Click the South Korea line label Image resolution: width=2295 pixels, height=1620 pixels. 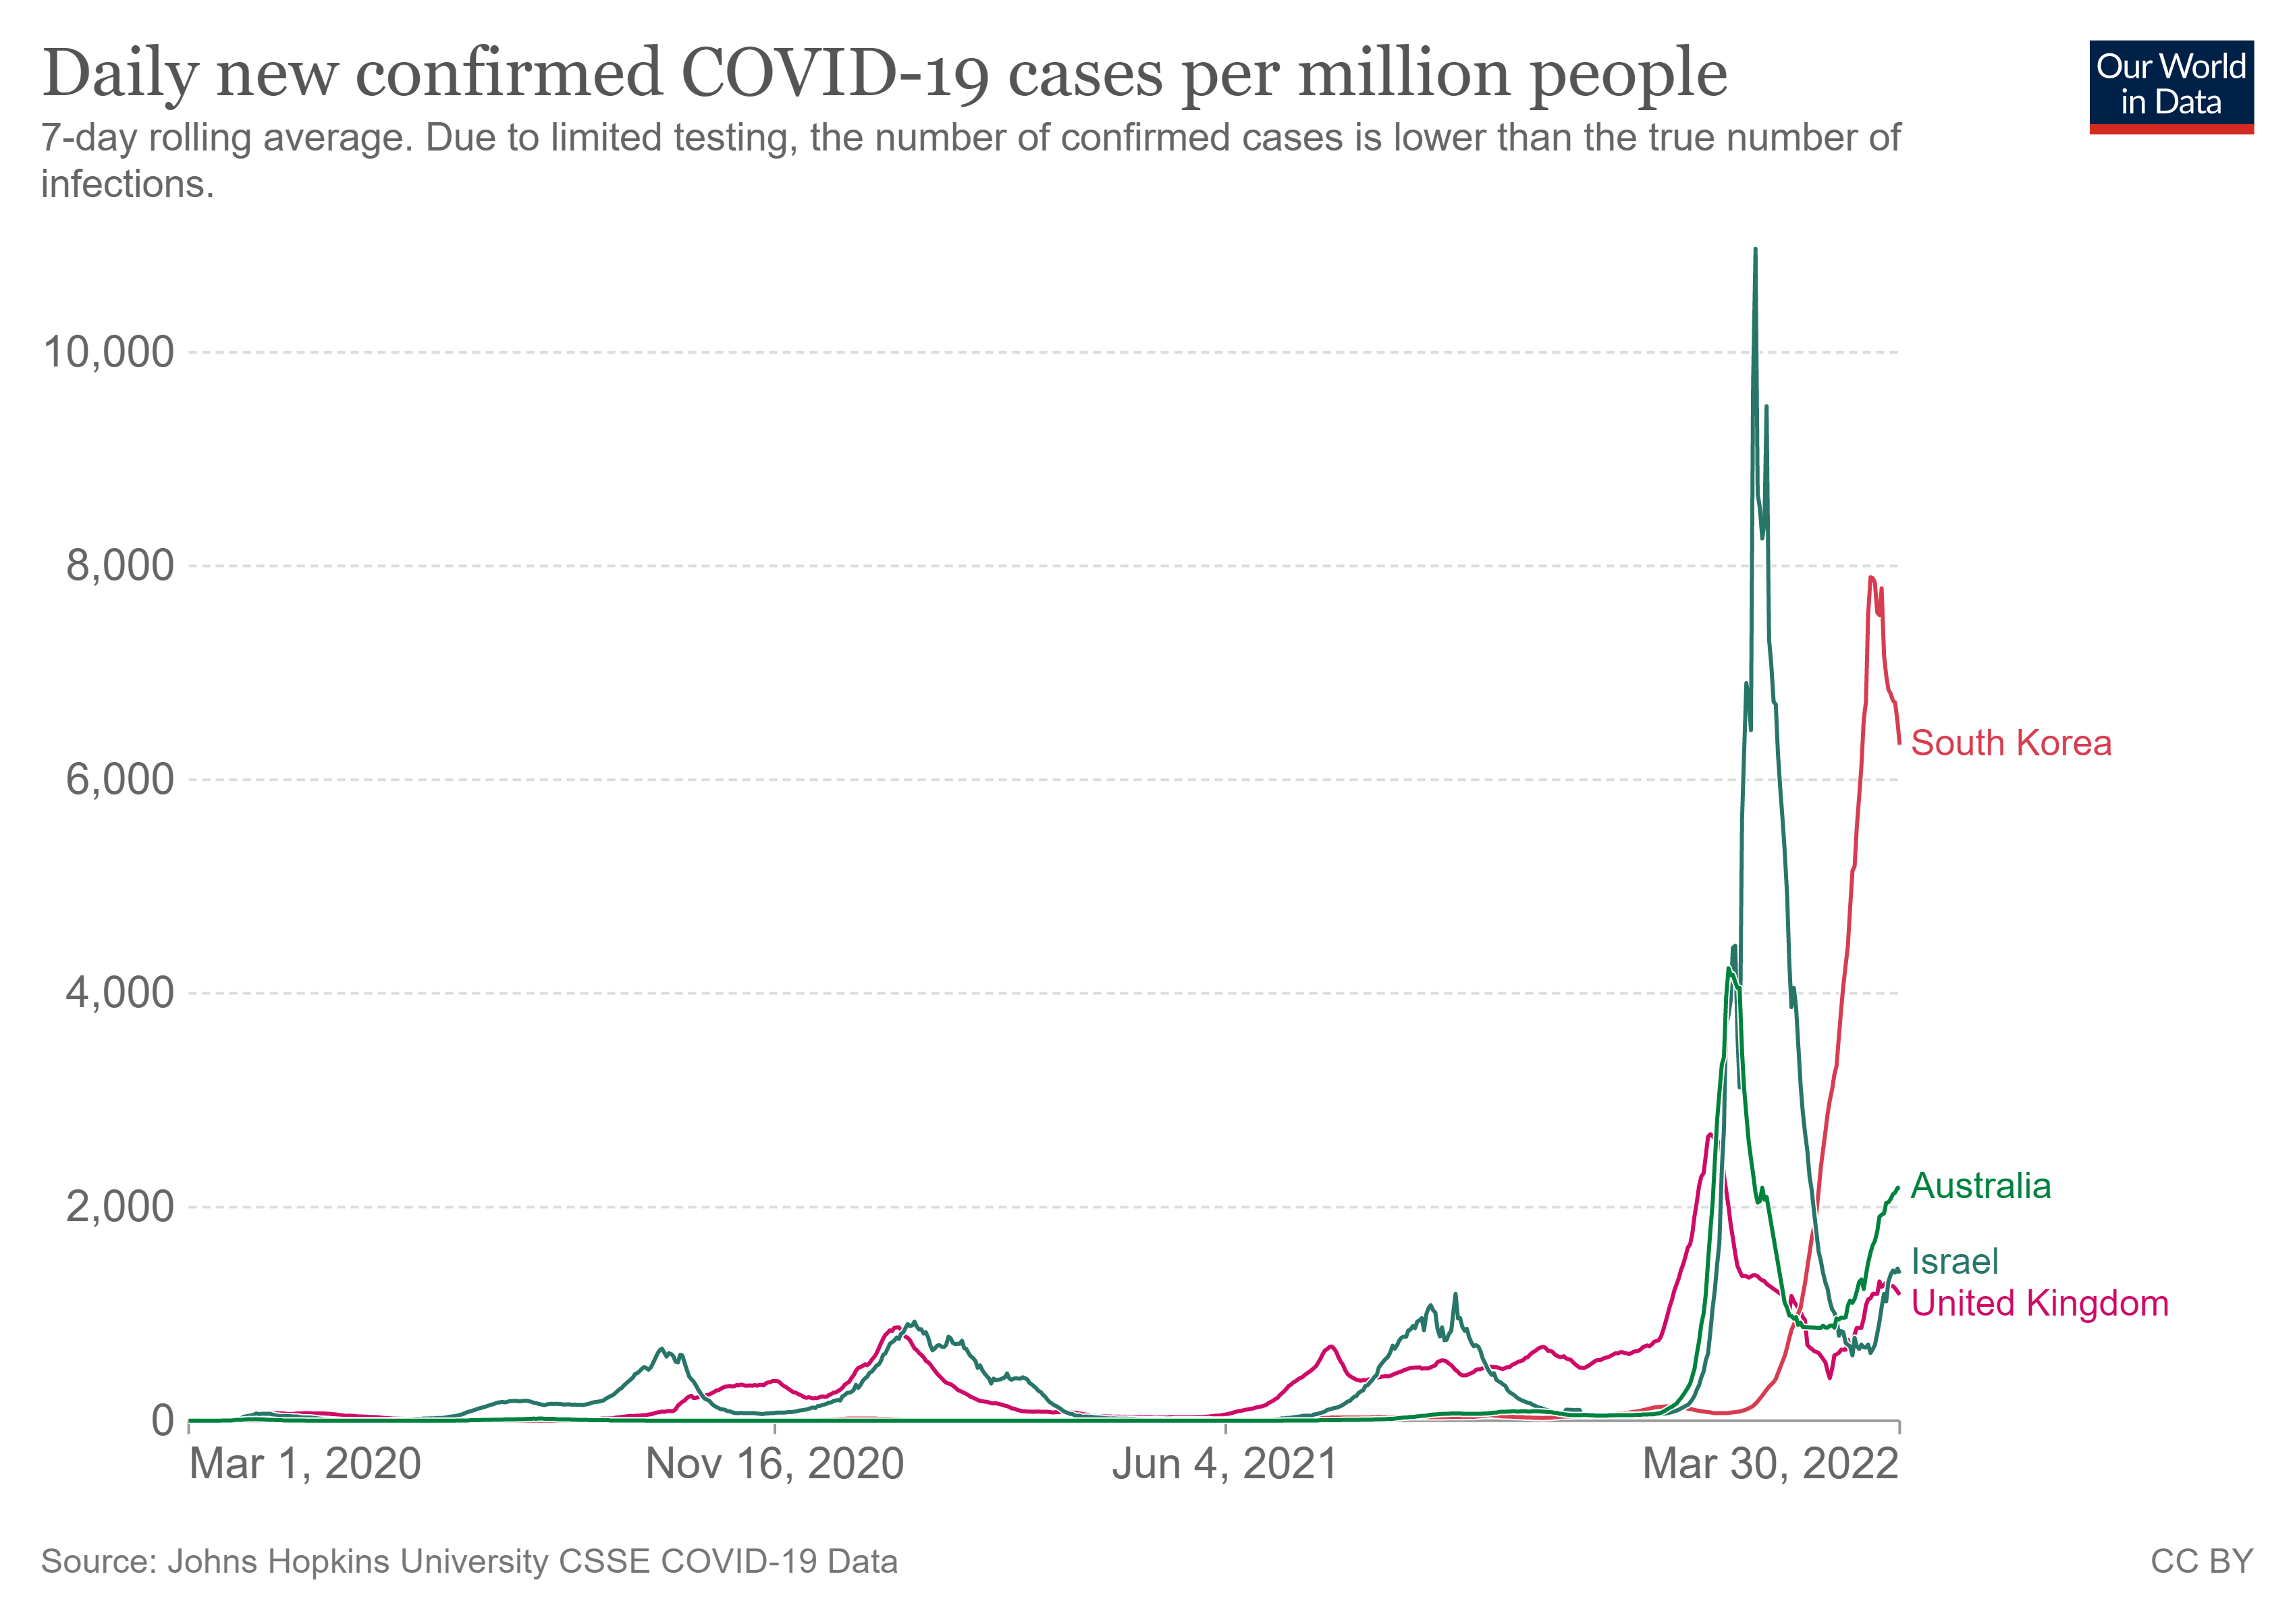tap(2010, 744)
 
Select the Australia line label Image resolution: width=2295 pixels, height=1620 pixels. tap(1980, 1186)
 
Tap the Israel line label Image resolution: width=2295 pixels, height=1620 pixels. tap(1954, 1261)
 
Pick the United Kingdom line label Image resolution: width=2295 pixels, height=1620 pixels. tap(2039, 1303)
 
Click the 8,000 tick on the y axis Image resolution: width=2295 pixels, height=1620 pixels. tap(120, 566)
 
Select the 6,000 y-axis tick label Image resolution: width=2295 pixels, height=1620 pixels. tap(120, 780)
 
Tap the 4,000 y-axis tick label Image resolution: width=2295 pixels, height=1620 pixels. tap(120, 994)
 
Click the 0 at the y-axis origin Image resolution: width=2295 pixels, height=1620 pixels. tap(163, 1420)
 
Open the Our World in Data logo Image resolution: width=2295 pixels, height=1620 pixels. tap(2171, 87)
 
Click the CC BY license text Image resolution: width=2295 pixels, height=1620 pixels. tap(2202, 1561)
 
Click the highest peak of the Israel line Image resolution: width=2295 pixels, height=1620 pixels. tap(1755, 250)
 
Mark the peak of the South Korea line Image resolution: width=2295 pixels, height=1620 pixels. tap(1870, 578)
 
